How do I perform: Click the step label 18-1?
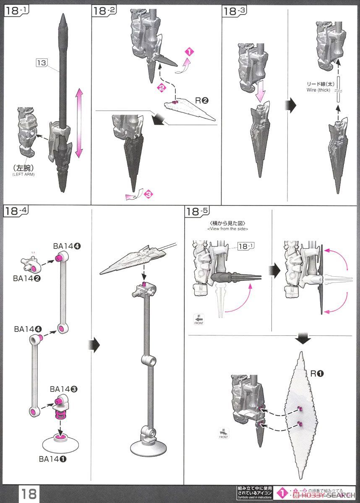[16, 12]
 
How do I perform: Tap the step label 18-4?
[16, 211]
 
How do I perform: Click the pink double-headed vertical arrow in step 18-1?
[78, 126]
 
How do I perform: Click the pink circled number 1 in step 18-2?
[189, 52]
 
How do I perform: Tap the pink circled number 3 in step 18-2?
[147, 194]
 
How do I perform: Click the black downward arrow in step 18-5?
[303, 338]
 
